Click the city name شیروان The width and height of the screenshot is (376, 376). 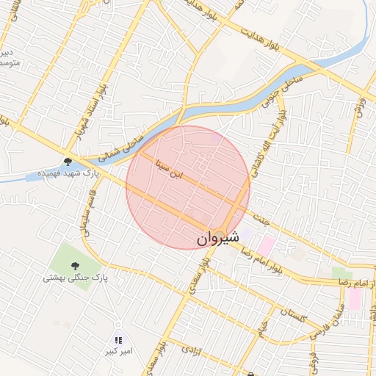click(219, 239)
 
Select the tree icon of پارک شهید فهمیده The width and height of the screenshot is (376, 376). click(68, 162)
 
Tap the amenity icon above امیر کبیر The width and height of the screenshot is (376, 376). click(117, 339)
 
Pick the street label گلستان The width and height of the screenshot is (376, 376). click(293, 317)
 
